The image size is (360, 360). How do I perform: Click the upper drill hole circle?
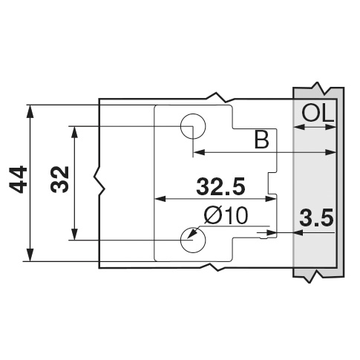192,125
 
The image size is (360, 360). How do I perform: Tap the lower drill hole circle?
191,240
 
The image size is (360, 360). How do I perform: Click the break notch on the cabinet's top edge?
216,96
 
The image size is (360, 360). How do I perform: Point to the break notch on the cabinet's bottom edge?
217,268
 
